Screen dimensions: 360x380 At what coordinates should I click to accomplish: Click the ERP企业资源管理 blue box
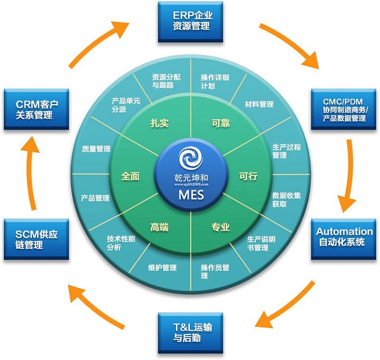point(191,22)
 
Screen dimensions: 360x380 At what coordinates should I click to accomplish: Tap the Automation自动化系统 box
point(344,237)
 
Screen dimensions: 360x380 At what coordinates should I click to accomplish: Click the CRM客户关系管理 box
point(36,109)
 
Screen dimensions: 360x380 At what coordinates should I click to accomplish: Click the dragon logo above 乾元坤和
point(191,158)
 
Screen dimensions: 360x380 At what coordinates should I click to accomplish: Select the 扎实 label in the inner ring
point(160,123)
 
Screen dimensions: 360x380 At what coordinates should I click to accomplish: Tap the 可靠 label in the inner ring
point(220,123)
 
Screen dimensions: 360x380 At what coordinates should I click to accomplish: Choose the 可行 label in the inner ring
point(248,176)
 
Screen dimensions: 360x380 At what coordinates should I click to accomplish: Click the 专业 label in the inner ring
point(220,227)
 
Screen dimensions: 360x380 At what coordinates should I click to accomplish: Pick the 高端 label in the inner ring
point(160,227)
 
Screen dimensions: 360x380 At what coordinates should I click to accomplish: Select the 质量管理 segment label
point(96,149)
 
